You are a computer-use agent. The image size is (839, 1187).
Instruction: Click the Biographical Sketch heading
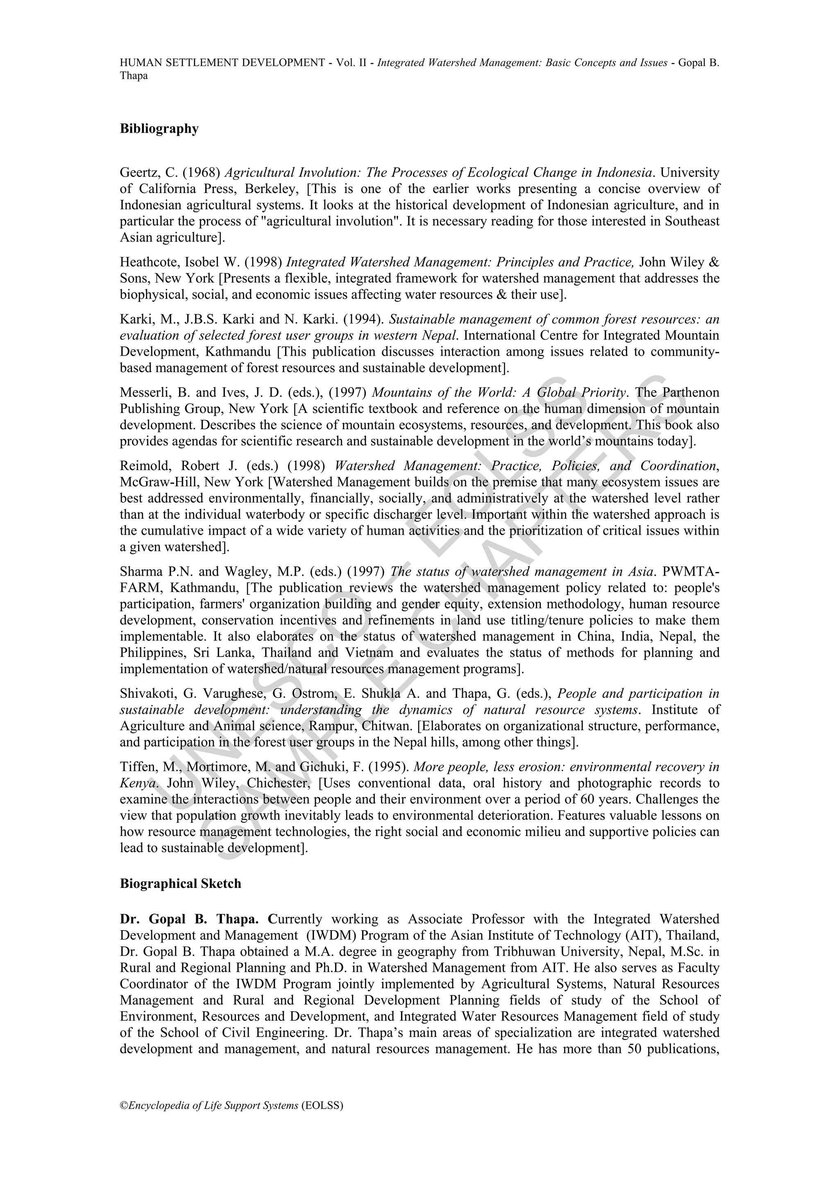coord(180,883)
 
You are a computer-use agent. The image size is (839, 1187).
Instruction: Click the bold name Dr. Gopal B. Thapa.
coord(193,919)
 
